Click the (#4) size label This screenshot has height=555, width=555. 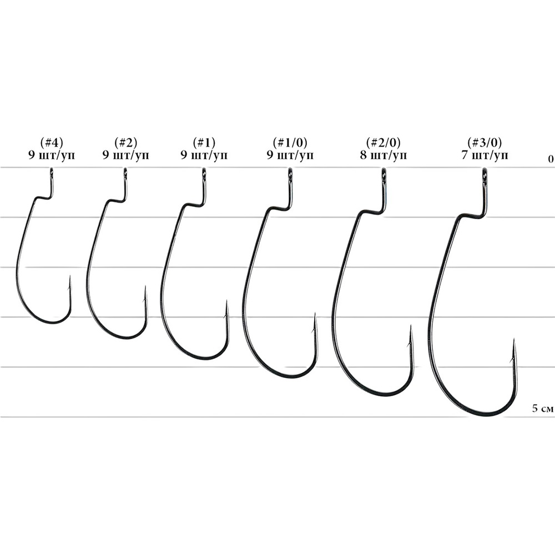click(52, 143)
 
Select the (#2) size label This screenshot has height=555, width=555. click(126, 143)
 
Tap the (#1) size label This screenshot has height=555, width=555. click(204, 143)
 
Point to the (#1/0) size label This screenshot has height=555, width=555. click(290, 143)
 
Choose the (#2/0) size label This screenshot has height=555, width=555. click(384, 143)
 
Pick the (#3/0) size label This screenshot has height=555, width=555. click(485, 143)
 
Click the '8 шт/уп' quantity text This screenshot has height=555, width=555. click(384, 155)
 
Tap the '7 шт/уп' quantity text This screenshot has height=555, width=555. click(485, 155)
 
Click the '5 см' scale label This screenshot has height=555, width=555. click(543, 409)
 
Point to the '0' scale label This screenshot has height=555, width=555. click(551, 159)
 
